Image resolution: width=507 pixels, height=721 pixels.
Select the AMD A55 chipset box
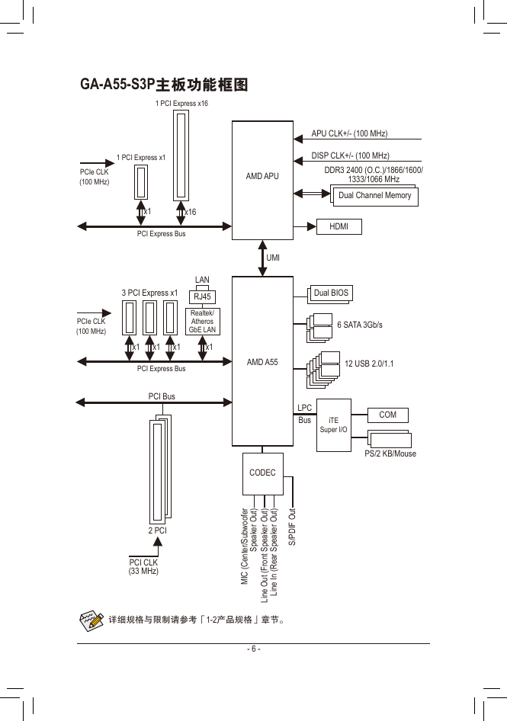pyautogui.click(x=262, y=361)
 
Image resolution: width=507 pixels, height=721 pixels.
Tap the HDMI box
pyautogui.click(x=339, y=226)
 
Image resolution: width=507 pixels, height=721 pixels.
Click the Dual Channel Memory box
pyautogui.click(x=375, y=195)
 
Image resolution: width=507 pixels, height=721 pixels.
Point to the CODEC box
pyautogui.click(x=263, y=473)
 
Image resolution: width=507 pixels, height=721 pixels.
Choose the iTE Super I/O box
pyautogui.click(x=334, y=425)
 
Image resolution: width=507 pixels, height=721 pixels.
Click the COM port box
pyautogui.click(x=387, y=415)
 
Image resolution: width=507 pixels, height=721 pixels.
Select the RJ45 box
pyautogui.click(x=203, y=296)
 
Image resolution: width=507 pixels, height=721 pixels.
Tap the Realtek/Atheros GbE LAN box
pyautogui.click(x=203, y=322)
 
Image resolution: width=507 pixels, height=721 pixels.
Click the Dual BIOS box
pyautogui.click(x=331, y=293)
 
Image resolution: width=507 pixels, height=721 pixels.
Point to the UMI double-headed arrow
pyautogui.click(x=263, y=258)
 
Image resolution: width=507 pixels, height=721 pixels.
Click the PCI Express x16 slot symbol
pyautogui.click(x=181, y=155)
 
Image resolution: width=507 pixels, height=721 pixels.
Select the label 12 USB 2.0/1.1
pyautogui.click(x=369, y=364)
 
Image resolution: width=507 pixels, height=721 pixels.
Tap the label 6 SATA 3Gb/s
pyautogui.click(x=360, y=325)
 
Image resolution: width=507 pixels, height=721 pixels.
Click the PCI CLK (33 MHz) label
pyautogui.click(x=143, y=566)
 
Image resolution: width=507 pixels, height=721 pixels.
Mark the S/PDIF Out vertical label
pyautogui.click(x=292, y=527)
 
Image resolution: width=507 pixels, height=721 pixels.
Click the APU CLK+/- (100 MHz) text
pyautogui.click(x=349, y=133)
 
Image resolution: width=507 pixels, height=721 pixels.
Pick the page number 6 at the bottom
pyautogui.click(x=253, y=649)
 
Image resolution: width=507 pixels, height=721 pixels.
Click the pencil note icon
pyautogui.click(x=91, y=620)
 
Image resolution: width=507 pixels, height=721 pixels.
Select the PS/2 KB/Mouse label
pyautogui.click(x=390, y=453)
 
